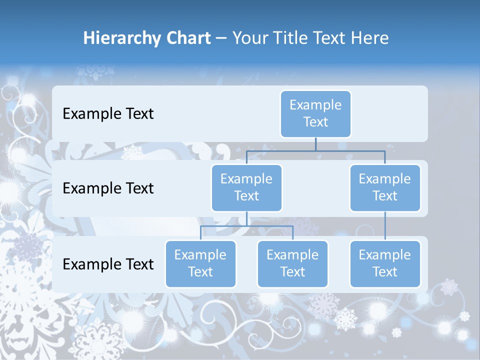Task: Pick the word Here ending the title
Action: click(x=370, y=38)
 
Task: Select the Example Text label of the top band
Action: click(x=108, y=114)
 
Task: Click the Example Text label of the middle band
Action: click(x=108, y=188)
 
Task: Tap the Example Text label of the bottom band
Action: click(x=108, y=264)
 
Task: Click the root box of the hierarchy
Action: click(x=315, y=114)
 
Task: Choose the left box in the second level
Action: click(x=246, y=188)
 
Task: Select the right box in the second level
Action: click(x=385, y=188)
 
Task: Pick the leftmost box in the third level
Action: click(x=200, y=264)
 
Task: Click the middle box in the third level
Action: click(x=292, y=264)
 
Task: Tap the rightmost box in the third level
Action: click(x=385, y=264)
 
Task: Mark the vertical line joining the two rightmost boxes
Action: click(x=385, y=226)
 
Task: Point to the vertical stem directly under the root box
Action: click(x=315, y=144)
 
